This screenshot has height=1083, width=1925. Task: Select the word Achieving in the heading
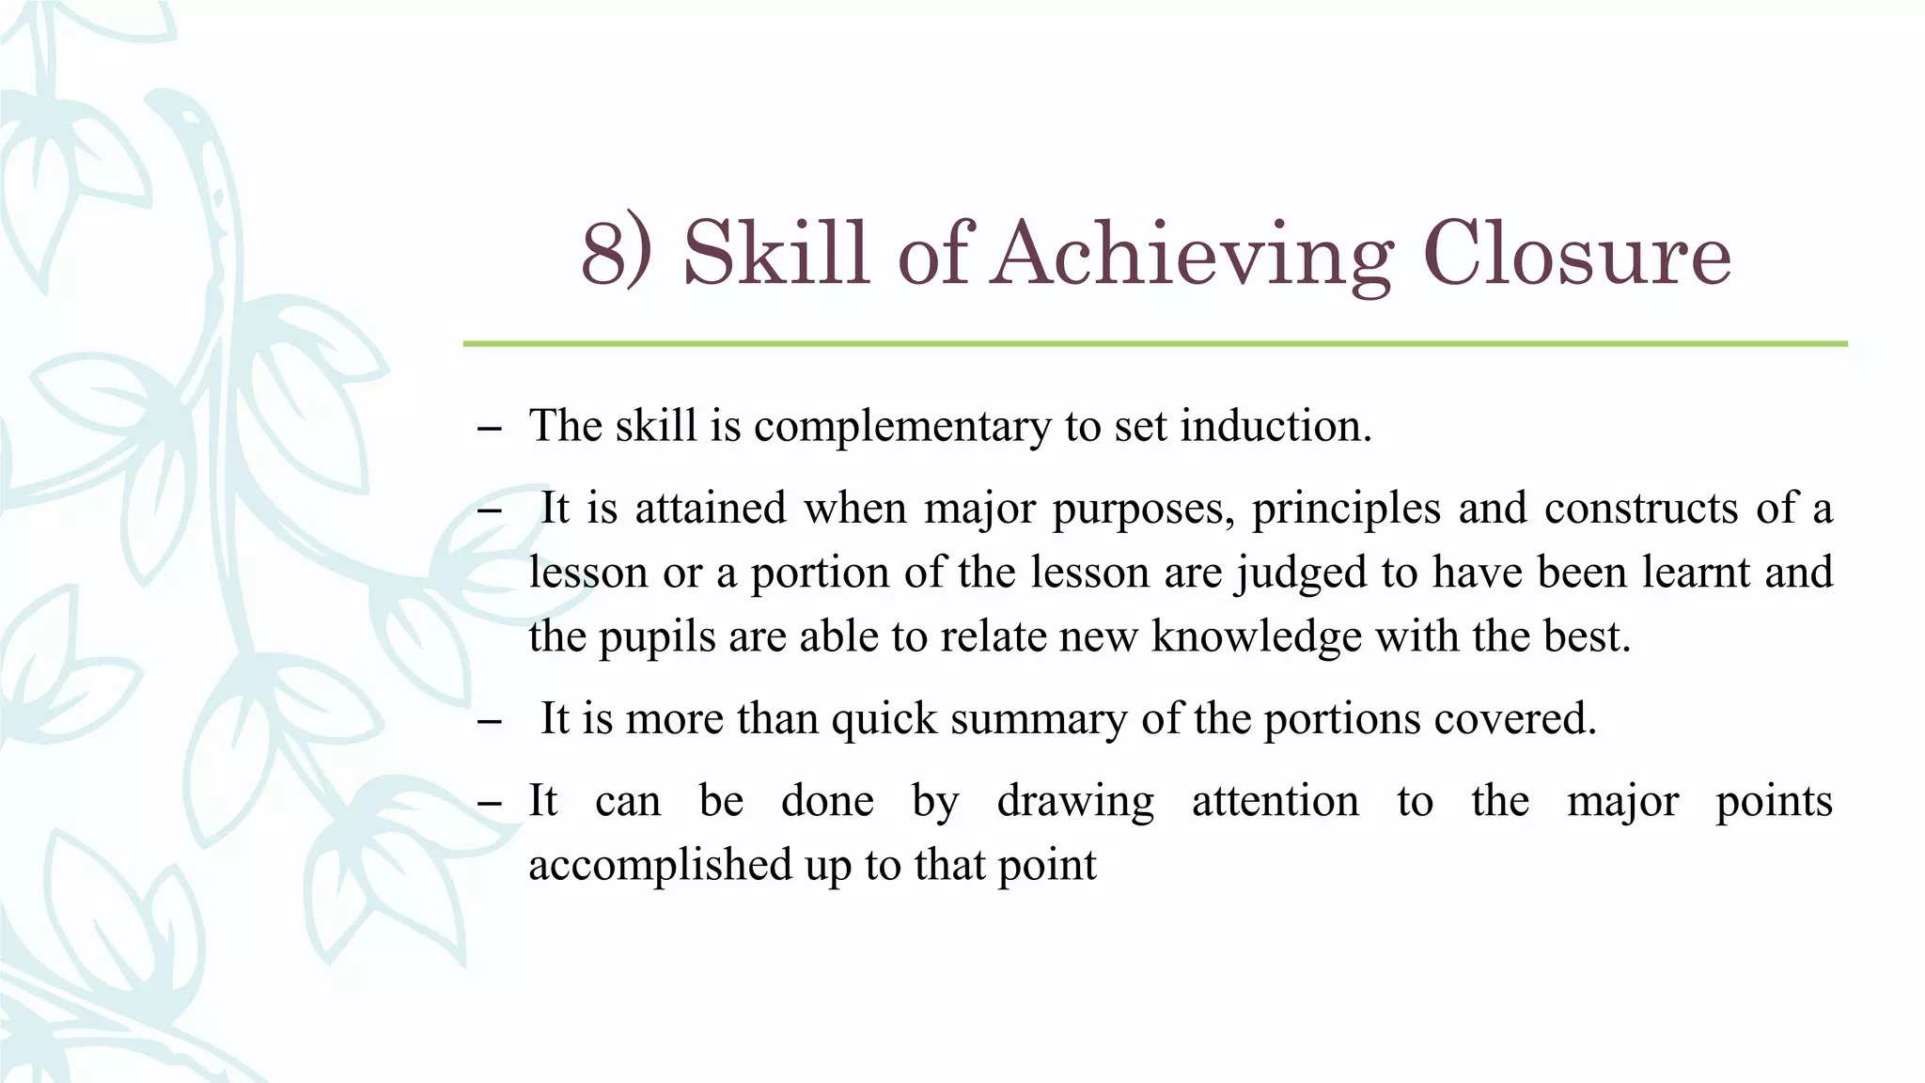[1191, 256]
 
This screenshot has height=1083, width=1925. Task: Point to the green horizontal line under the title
[1154, 344]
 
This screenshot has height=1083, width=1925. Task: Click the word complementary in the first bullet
[902, 427]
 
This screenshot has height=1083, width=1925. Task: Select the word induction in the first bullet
[1276, 426]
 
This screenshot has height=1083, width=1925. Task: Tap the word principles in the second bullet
[1346, 510]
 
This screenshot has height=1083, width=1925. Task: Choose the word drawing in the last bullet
[1075, 803]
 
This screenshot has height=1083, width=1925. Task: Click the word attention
[1275, 802]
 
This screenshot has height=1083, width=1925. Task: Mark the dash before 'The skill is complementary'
[489, 430]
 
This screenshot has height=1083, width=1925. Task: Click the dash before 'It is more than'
[489, 723]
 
